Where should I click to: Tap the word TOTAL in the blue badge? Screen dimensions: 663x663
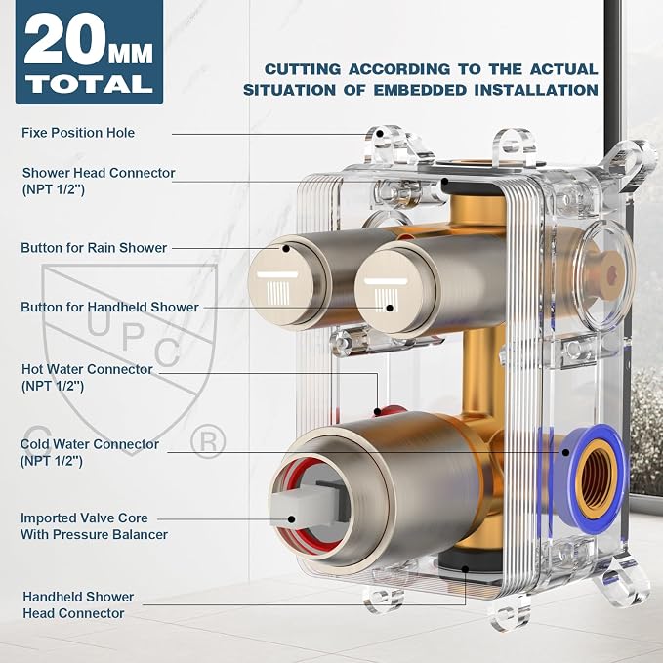[89, 84]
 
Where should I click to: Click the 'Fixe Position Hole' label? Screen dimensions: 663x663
[78, 133]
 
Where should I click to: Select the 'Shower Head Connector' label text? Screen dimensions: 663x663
[99, 173]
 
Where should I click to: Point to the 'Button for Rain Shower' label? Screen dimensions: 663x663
[94, 248]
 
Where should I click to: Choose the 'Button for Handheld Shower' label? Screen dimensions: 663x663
[109, 307]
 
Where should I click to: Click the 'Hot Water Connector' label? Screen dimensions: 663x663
[87, 369]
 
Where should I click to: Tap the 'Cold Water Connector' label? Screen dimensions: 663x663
[90, 444]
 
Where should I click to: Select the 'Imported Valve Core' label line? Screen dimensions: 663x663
[84, 518]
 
